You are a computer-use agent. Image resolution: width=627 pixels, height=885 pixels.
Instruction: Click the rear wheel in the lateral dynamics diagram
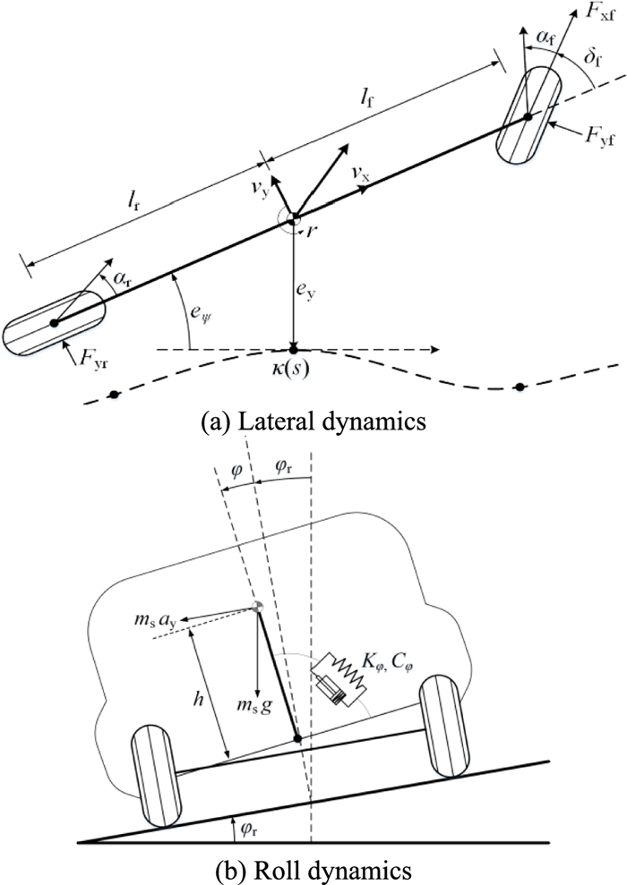tap(54, 321)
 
